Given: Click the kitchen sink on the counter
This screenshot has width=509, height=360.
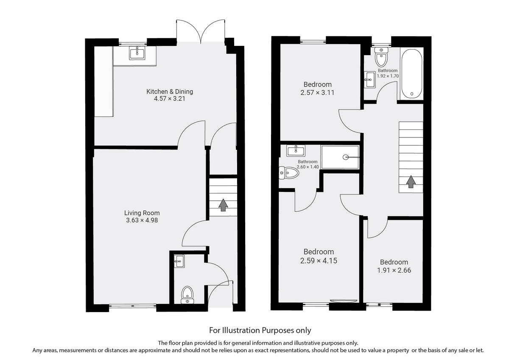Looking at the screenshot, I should (x=137, y=53).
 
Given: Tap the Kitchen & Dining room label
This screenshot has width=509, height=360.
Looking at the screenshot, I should (x=170, y=92).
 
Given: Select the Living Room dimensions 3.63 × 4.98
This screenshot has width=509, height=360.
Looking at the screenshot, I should (x=142, y=220).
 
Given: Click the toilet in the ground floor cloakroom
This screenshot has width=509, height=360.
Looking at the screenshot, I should (x=187, y=294).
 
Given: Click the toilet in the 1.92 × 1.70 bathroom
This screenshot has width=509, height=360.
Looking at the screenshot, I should (x=382, y=56).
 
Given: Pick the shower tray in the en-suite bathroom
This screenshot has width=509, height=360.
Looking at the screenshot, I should (x=340, y=157).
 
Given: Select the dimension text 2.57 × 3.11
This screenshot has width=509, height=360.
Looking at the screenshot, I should (x=317, y=92).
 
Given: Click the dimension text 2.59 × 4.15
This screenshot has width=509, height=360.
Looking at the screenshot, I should (x=318, y=261).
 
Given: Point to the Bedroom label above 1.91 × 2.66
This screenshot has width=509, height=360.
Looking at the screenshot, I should (x=394, y=262).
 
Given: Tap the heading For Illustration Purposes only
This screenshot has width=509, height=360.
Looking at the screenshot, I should (x=260, y=330).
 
